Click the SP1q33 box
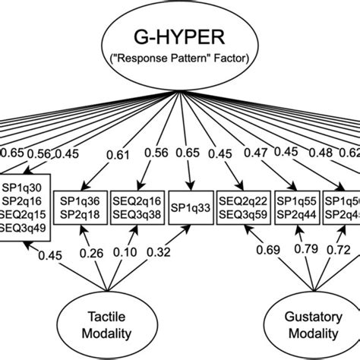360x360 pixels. tap(191, 207)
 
